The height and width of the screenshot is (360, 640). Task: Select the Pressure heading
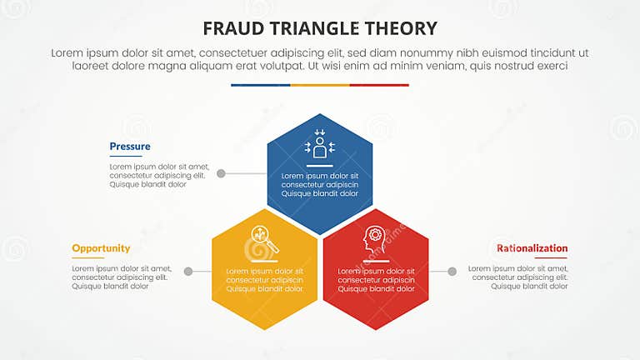tap(130, 147)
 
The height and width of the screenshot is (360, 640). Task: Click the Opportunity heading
tap(101, 248)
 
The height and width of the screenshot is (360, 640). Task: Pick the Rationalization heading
tap(532, 248)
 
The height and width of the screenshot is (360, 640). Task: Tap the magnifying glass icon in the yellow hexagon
tap(262, 240)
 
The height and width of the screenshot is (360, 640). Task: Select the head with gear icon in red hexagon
tap(374, 241)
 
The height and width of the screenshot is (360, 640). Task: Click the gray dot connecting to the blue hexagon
tap(221, 174)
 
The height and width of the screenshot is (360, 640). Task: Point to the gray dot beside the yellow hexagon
tap(188, 272)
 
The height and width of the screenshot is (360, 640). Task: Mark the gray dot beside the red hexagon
tap(452, 272)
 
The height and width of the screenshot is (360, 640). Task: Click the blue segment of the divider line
tap(261, 85)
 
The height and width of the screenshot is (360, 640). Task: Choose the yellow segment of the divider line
tap(320, 85)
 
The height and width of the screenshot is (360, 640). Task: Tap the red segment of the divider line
tap(379, 85)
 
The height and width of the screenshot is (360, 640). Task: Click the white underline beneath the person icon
tap(320, 166)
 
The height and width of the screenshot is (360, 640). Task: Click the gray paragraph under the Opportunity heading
tap(122, 277)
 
